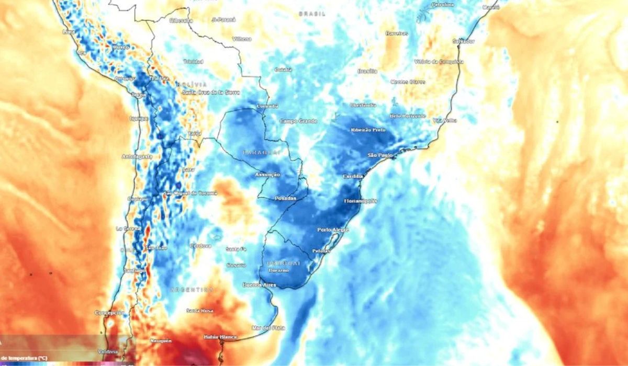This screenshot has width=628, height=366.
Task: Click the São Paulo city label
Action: point(380,155)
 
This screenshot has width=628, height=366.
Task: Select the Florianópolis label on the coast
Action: point(361,201)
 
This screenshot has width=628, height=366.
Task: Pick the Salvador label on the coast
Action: point(464,41)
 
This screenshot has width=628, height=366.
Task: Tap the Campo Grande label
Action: point(298,121)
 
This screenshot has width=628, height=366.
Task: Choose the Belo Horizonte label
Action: point(408,116)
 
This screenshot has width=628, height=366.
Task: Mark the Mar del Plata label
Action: point(268,328)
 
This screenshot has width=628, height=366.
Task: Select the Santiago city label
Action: point(134,270)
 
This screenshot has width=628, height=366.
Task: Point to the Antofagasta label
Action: point(137,156)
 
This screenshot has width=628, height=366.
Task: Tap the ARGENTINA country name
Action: point(191,289)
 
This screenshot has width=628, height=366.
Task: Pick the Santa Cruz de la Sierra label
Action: point(211,92)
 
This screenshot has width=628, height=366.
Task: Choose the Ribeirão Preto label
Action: point(368,129)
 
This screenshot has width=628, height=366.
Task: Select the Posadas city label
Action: point(285,198)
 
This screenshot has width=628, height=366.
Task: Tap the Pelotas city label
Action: point(321,251)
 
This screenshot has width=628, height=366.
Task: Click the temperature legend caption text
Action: point(24,358)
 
